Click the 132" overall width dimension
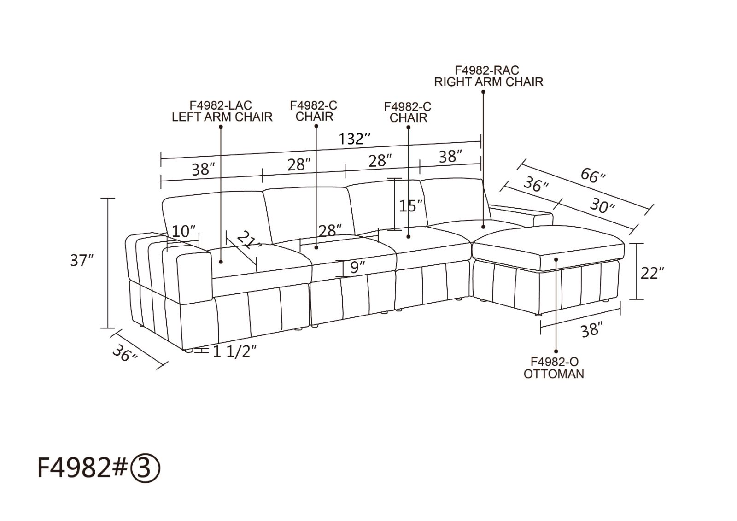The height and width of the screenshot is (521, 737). [x=354, y=139]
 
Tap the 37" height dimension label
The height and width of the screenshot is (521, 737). [x=82, y=261]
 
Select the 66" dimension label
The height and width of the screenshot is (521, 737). [x=593, y=176]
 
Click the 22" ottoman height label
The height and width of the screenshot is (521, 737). [x=652, y=273]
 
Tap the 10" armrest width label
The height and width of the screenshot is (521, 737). [x=184, y=231]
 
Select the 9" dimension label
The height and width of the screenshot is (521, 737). [x=358, y=266]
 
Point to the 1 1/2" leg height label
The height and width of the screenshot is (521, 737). [x=234, y=352]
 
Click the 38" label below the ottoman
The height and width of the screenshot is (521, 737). [x=590, y=330]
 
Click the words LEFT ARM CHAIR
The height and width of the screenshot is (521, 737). [x=222, y=117]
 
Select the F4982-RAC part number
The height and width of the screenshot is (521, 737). [x=487, y=70]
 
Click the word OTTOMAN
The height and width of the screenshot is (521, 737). [x=554, y=374]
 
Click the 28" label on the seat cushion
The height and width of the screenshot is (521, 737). [x=330, y=230]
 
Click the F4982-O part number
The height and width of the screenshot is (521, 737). [x=554, y=362]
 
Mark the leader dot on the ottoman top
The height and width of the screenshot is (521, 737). [x=557, y=259]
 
